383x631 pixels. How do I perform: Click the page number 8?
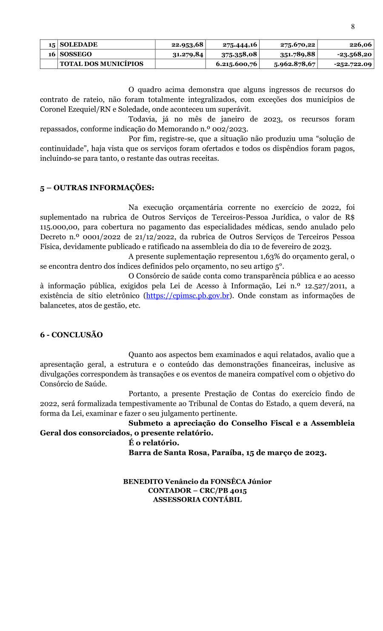353,27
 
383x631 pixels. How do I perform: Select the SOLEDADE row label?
79,45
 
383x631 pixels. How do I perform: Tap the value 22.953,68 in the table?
187,45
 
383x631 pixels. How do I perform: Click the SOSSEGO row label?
76,54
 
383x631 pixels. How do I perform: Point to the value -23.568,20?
354,54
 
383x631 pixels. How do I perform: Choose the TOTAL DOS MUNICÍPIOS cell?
102,64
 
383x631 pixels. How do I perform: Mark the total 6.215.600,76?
236,64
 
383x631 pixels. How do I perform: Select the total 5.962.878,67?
294,64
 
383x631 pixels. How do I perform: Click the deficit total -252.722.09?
353,64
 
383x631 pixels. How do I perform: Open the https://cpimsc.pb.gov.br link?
188,296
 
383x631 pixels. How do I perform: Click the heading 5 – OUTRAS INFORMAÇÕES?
97,188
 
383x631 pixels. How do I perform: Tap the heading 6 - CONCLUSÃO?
71,335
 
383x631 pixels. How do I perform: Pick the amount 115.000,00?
60,227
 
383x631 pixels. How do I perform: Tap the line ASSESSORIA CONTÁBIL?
197,500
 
